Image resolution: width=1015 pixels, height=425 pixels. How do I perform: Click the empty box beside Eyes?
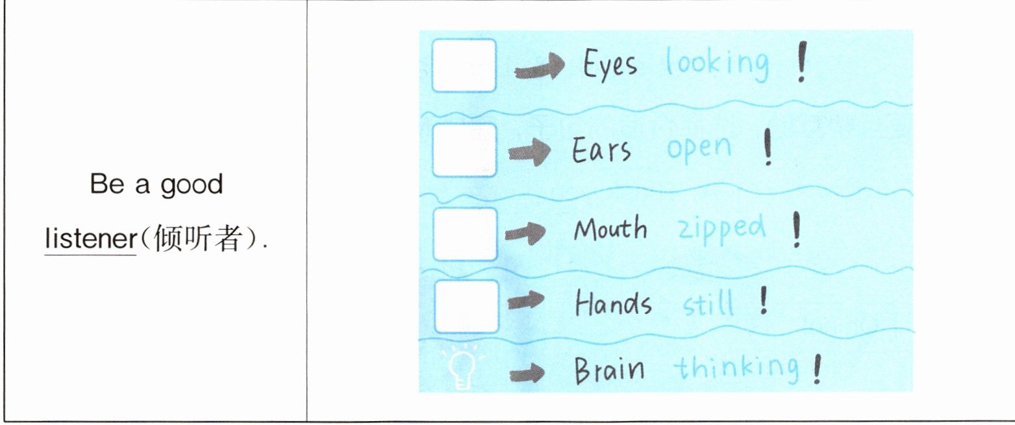464,66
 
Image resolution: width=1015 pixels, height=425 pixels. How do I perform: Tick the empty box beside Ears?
464,150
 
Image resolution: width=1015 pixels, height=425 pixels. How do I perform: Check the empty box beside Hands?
466,306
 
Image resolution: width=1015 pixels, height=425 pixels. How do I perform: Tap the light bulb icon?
464,370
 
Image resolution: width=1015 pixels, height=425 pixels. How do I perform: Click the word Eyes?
610,65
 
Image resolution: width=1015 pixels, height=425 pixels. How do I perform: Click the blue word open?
699,149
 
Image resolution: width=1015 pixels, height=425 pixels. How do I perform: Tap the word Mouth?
610,229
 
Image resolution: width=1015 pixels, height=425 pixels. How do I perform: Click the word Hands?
613,303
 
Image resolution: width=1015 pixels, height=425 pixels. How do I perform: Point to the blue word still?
708,303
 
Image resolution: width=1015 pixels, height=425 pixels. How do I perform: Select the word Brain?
609,370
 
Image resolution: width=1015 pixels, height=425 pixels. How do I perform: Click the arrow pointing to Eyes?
539,69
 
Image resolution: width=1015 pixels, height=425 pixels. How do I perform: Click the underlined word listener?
90,240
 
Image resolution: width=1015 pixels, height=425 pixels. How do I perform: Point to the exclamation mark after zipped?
796,231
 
